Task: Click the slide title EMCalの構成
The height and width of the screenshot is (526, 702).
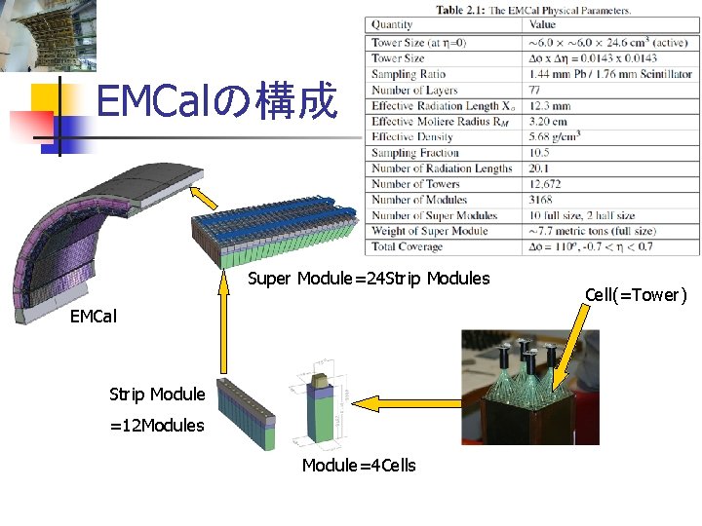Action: tap(217, 101)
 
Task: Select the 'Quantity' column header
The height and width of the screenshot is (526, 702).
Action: tap(392, 24)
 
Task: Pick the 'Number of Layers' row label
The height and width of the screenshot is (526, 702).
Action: tap(415, 91)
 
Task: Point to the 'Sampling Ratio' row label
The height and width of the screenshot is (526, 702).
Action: tap(409, 74)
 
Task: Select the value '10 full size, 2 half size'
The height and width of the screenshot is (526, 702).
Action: tap(582, 215)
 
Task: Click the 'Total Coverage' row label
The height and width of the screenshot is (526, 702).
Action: tap(407, 247)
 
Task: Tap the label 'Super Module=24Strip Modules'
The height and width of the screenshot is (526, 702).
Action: tap(369, 280)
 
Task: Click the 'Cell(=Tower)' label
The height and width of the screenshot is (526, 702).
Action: tap(636, 294)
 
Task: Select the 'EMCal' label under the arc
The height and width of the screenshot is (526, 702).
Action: tap(94, 317)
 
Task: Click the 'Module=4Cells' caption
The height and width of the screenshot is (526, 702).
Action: tap(359, 466)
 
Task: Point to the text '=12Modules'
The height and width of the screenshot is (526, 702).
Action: tap(157, 426)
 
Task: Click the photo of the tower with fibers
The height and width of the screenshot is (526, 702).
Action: tap(530, 387)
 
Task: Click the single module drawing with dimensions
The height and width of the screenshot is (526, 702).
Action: tap(321, 408)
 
